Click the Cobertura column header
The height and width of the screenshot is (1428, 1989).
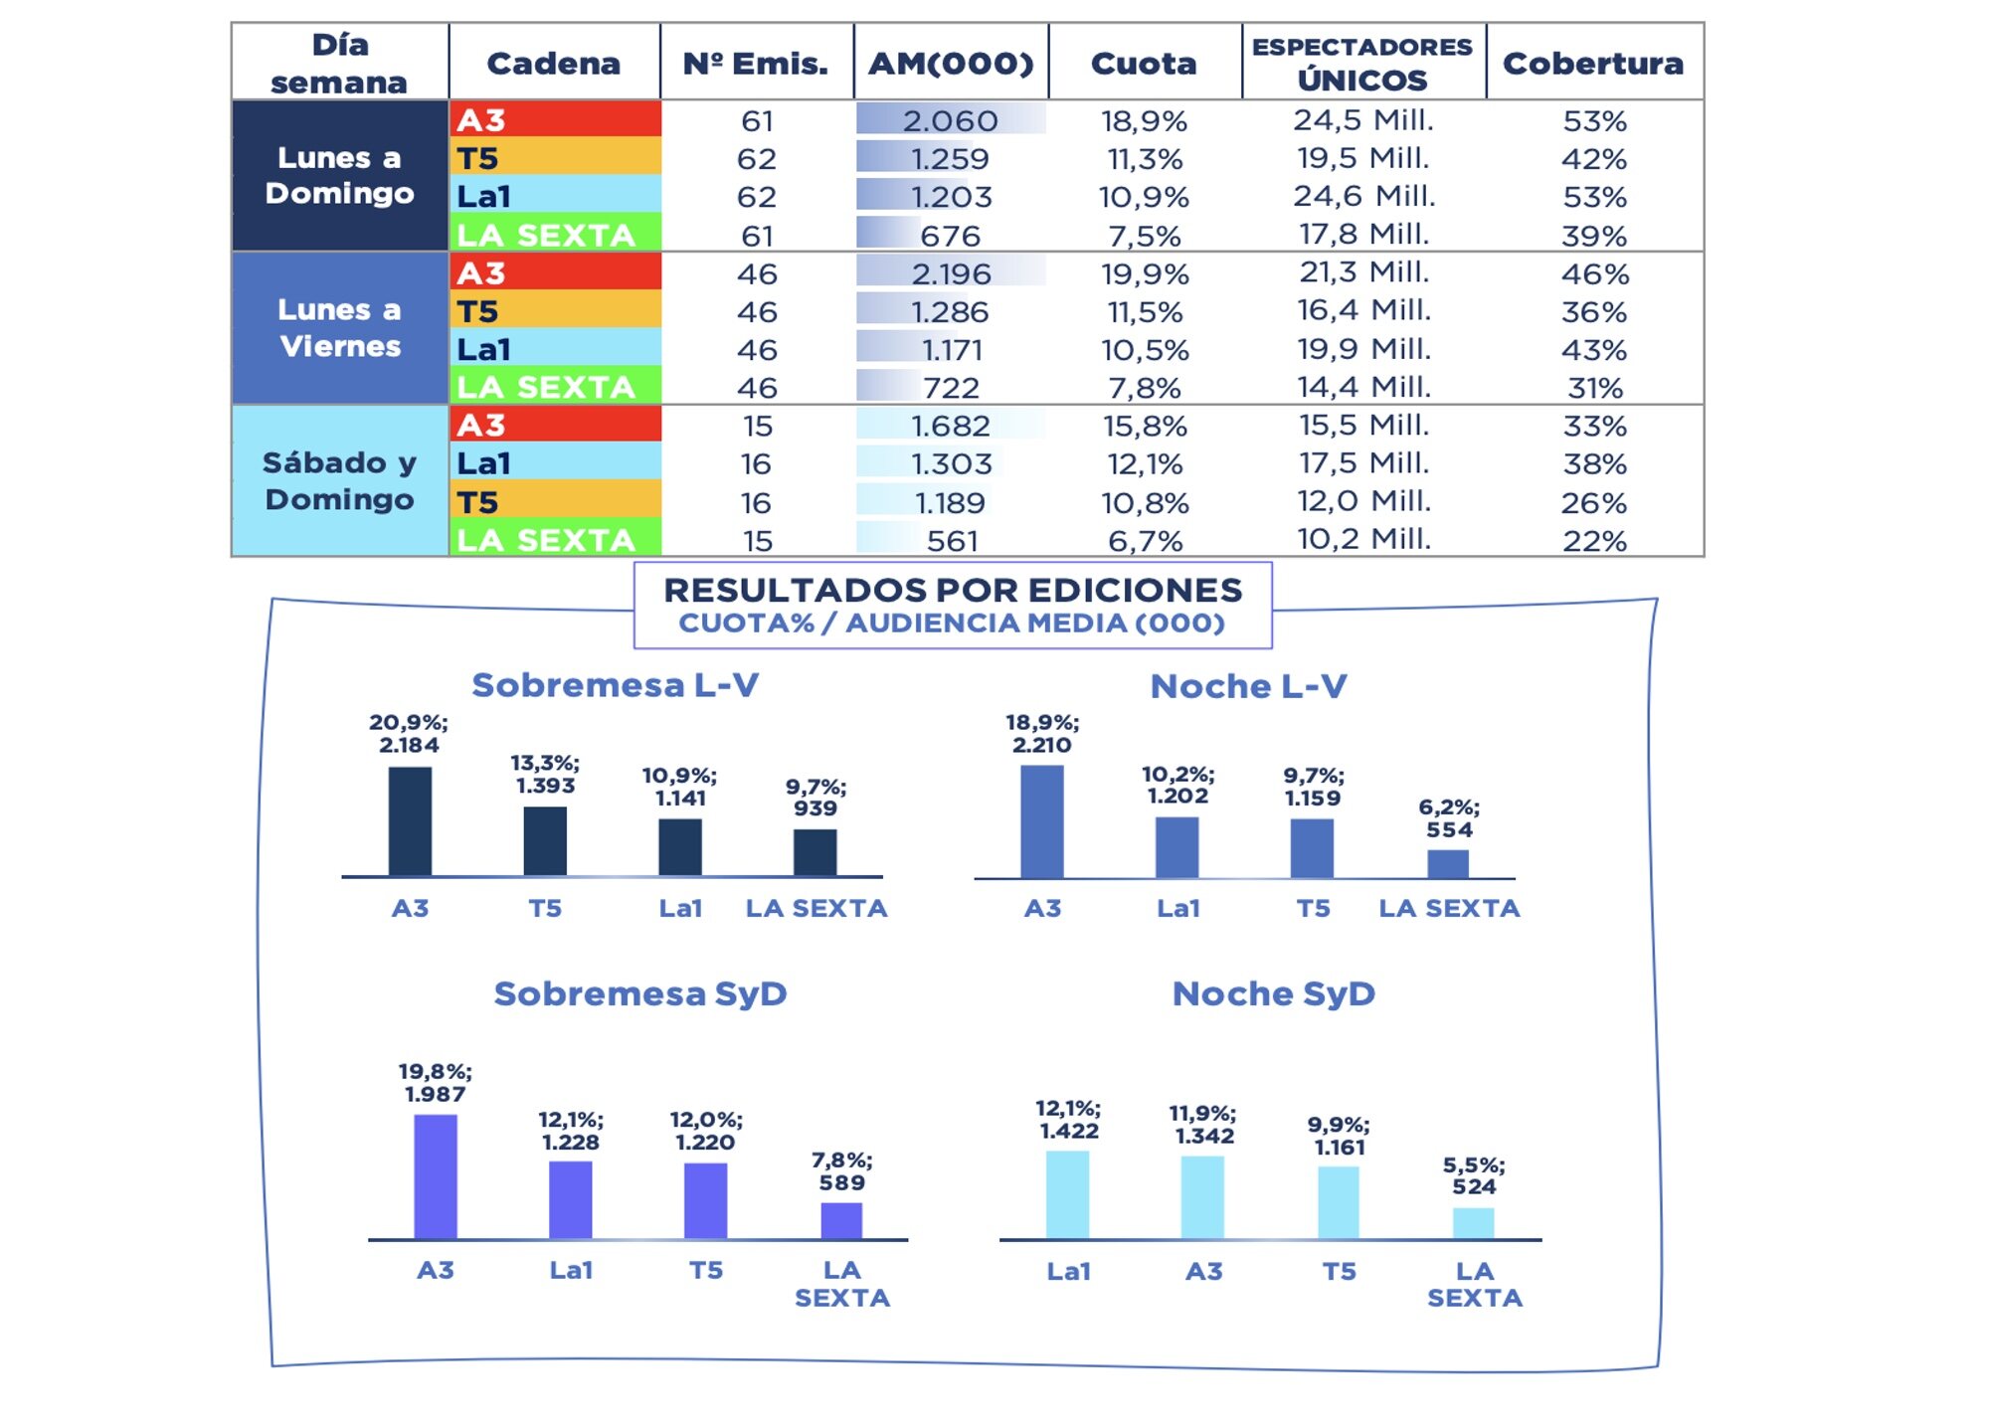tap(1593, 63)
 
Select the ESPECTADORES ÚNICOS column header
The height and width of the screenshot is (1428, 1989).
tap(1362, 63)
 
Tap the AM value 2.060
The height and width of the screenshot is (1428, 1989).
tap(950, 120)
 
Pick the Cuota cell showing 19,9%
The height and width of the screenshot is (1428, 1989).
tap(1145, 273)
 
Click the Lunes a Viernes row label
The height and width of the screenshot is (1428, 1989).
tap(340, 328)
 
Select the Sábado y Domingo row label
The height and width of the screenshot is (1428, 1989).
tap(340, 480)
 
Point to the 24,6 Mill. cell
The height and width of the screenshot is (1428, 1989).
tap(1363, 196)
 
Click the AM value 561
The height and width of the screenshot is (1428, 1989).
tap(952, 541)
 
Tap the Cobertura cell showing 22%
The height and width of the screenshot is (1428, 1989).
tap(1594, 541)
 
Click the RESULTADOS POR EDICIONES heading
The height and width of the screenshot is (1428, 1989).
tap(953, 591)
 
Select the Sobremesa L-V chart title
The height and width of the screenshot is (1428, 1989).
tap(615, 685)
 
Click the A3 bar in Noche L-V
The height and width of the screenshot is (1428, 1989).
tap(1042, 821)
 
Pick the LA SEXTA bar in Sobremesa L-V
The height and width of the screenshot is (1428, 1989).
tap(815, 852)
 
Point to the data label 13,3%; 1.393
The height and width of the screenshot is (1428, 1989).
tap(545, 774)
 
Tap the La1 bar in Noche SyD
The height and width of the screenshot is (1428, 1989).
tap(1067, 1194)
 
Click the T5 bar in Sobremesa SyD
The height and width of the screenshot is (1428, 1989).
tap(705, 1200)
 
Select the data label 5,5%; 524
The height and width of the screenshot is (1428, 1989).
tap(1474, 1175)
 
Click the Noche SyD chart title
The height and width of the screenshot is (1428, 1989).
tap(1273, 993)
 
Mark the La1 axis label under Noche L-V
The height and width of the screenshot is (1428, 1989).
tap(1177, 908)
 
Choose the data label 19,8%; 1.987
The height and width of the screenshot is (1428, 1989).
tap(435, 1083)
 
